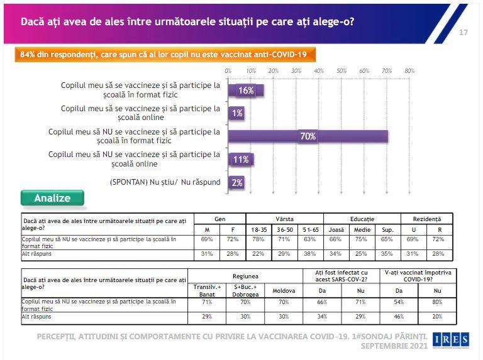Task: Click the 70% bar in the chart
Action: pos(308,136)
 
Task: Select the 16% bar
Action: pos(245,90)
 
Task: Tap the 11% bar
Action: pos(240,160)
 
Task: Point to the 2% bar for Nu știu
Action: pos(236,182)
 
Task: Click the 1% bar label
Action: pos(237,113)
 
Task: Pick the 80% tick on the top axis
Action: pos(409,71)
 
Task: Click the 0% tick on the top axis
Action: pos(228,71)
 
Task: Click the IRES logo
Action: pos(451,340)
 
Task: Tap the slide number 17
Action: pos(464,33)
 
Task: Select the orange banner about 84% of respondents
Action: pos(164,54)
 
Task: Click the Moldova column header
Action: pos(283,291)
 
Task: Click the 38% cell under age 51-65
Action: pos(311,254)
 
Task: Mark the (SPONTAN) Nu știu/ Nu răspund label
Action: pos(165,183)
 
